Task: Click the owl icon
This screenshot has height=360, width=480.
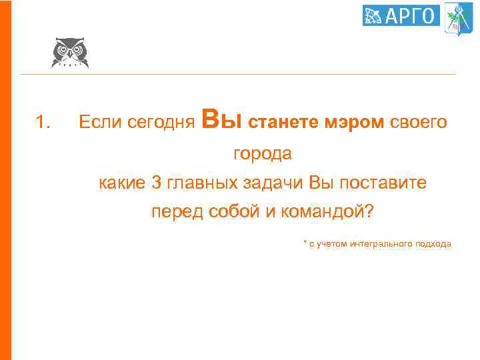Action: [x=69, y=53]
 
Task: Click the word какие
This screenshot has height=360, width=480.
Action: [x=121, y=183]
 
